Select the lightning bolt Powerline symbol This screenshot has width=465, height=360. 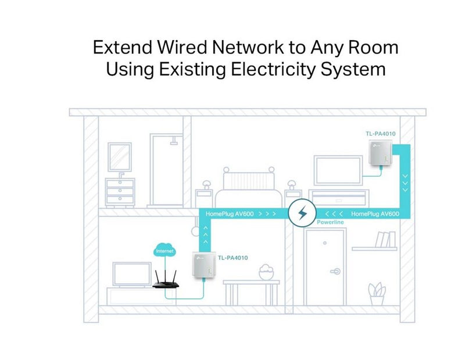click(x=302, y=213)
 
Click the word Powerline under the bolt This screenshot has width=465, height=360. click(x=330, y=222)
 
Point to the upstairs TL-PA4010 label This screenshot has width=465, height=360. click(x=381, y=134)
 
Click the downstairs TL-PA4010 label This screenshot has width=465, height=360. click(x=233, y=258)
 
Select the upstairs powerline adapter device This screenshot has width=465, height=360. click(x=381, y=153)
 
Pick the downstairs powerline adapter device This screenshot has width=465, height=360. click(x=204, y=265)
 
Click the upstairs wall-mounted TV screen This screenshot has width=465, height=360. click(x=338, y=170)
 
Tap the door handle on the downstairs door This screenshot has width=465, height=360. click(x=335, y=271)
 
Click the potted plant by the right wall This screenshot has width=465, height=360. click(x=377, y=294)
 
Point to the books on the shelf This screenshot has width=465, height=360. click(x=385, y=239)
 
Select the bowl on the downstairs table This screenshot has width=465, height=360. click(x=266, y=272)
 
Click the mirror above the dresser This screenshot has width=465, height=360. click(x=120, y=156)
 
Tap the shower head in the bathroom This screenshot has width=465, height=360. click(x=174, y=141)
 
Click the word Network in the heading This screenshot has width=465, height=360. click(x=248, y=47)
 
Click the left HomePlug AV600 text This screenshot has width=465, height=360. click(x=230, y=213)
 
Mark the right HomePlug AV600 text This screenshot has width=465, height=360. click(x=375, y=213)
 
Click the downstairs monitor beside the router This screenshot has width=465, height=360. click(x=132, y=275)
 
